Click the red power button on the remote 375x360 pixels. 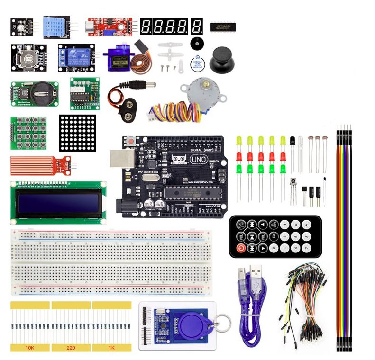[240, 248]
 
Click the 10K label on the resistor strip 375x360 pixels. [30, 348]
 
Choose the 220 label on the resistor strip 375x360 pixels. [71, 348]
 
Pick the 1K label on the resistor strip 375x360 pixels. [111, 348]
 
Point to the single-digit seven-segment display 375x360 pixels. [197, 26]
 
